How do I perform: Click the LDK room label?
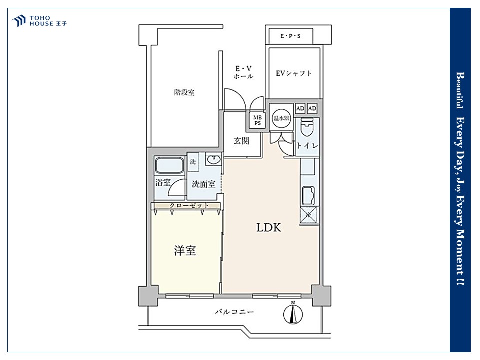tap(269, 228)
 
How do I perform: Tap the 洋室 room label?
tap(185, 251)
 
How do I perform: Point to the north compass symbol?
tap(293, 313)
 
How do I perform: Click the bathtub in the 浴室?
tap(169, 166)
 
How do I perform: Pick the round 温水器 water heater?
tap(281, 118)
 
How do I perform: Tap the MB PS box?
tap(257, 120)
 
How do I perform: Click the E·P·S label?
tap(290, 36)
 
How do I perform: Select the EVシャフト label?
tap(293, 73)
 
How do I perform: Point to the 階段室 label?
tap(184, 92)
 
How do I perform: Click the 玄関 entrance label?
tap(242, 141)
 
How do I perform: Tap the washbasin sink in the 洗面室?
tap(213, 159)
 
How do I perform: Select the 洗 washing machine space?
tap(193, 162)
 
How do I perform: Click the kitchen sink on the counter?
tap(308, 195)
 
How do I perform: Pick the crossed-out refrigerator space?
tap(308, 215)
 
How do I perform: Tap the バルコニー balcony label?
tap(234, 312)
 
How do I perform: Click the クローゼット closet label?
tap(189, 205)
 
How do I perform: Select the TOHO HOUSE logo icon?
tap(19, 21)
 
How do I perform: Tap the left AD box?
tap(300, 108)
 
